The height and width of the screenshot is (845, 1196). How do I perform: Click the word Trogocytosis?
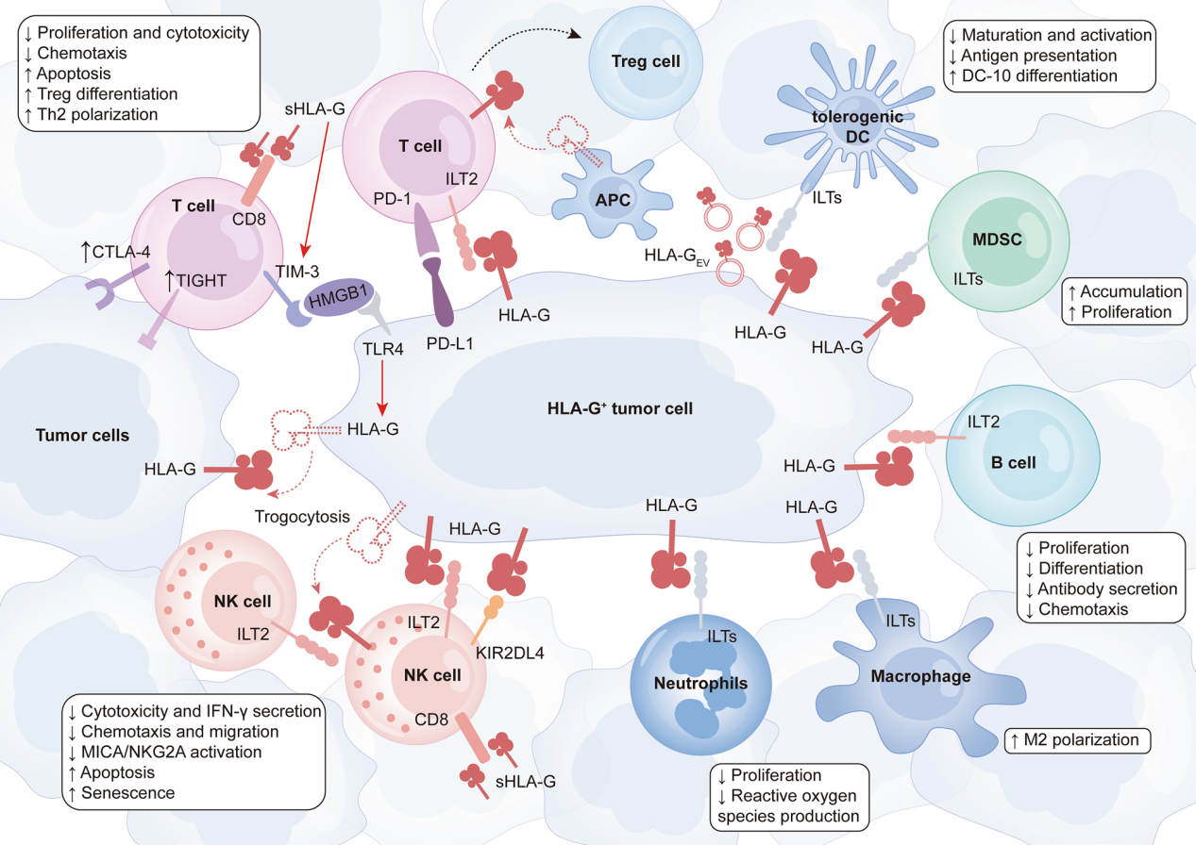[x=300, y=517]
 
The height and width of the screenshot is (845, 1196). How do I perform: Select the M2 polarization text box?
[x=1078, y=740]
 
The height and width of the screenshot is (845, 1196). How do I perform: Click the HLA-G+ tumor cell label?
[x=620, y=408]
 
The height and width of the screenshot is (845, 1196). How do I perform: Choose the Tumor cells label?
[x=82, y=435]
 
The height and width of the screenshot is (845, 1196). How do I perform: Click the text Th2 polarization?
[x=95, y=113]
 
